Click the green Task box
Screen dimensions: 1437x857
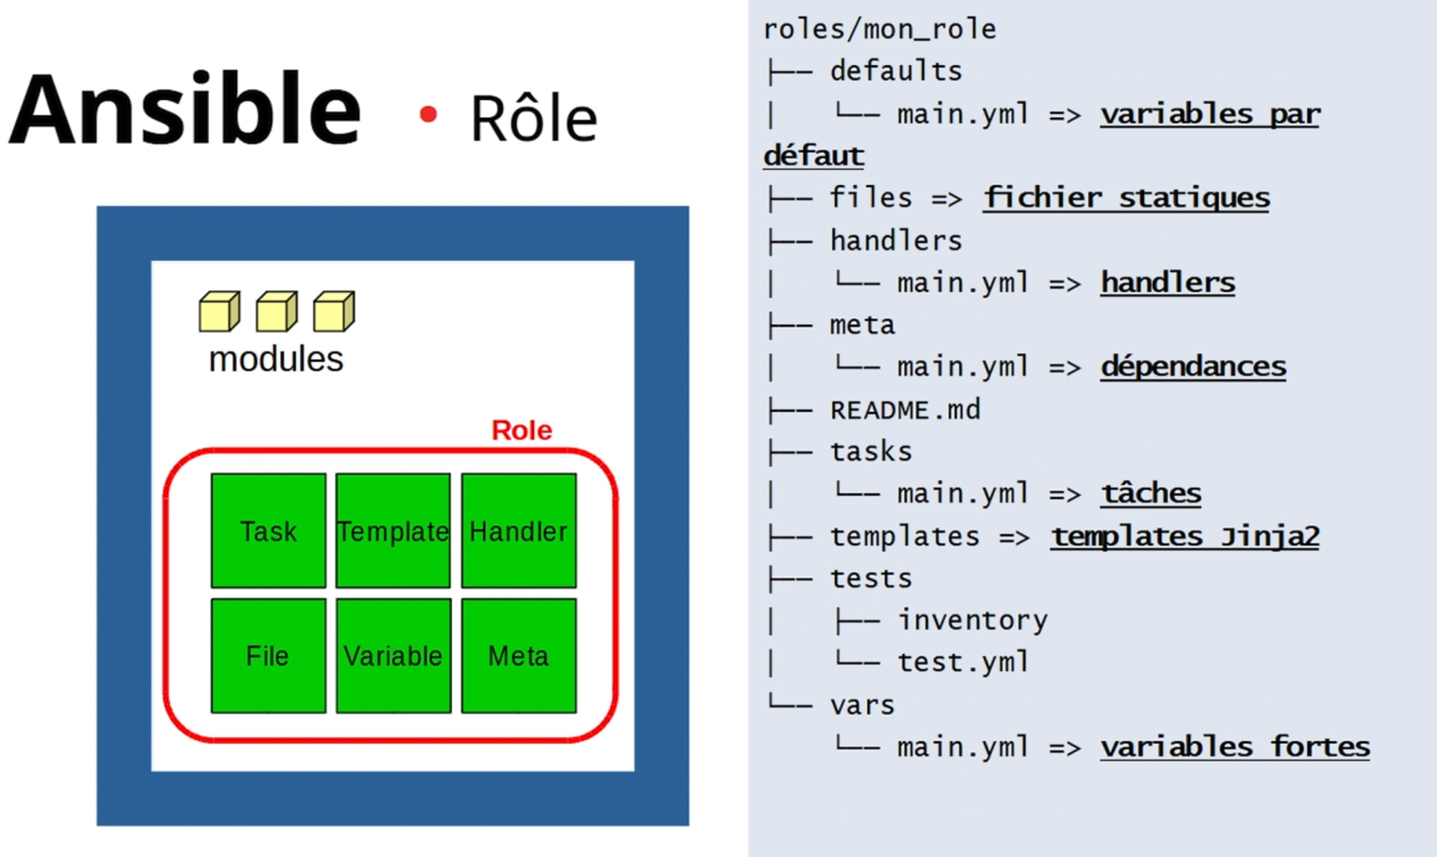[268, 530]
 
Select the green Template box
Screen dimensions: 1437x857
[394, 530]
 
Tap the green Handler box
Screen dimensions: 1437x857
[519, 530]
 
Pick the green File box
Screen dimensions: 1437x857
[268, 656]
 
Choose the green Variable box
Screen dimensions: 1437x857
[394, 656]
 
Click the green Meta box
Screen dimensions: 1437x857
[519, 656]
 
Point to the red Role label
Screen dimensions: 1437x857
[522, 430]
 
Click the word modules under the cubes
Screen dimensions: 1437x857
[276, 358]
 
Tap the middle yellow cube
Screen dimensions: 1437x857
[277, 311]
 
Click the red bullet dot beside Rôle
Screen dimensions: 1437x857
[428, 114]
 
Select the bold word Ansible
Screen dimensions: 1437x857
[185, 108]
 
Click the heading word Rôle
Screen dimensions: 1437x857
[534, 117]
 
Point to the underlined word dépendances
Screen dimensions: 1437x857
[1193, 366]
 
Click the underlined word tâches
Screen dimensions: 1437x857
[1151, 493]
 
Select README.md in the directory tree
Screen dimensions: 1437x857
[905, 409]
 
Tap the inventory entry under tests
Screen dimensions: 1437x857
[972, 620]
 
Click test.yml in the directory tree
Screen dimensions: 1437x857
[963, 662]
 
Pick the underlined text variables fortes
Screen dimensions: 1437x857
[1235, 747]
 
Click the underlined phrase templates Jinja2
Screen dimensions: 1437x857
[1185, 537]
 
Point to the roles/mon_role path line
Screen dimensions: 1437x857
[879, 30]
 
